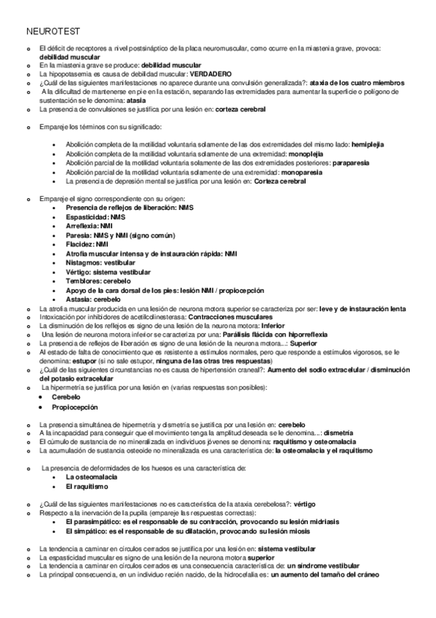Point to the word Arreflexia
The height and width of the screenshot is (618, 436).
[x=82, y=226]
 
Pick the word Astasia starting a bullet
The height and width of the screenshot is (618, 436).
[x=78, y=299]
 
